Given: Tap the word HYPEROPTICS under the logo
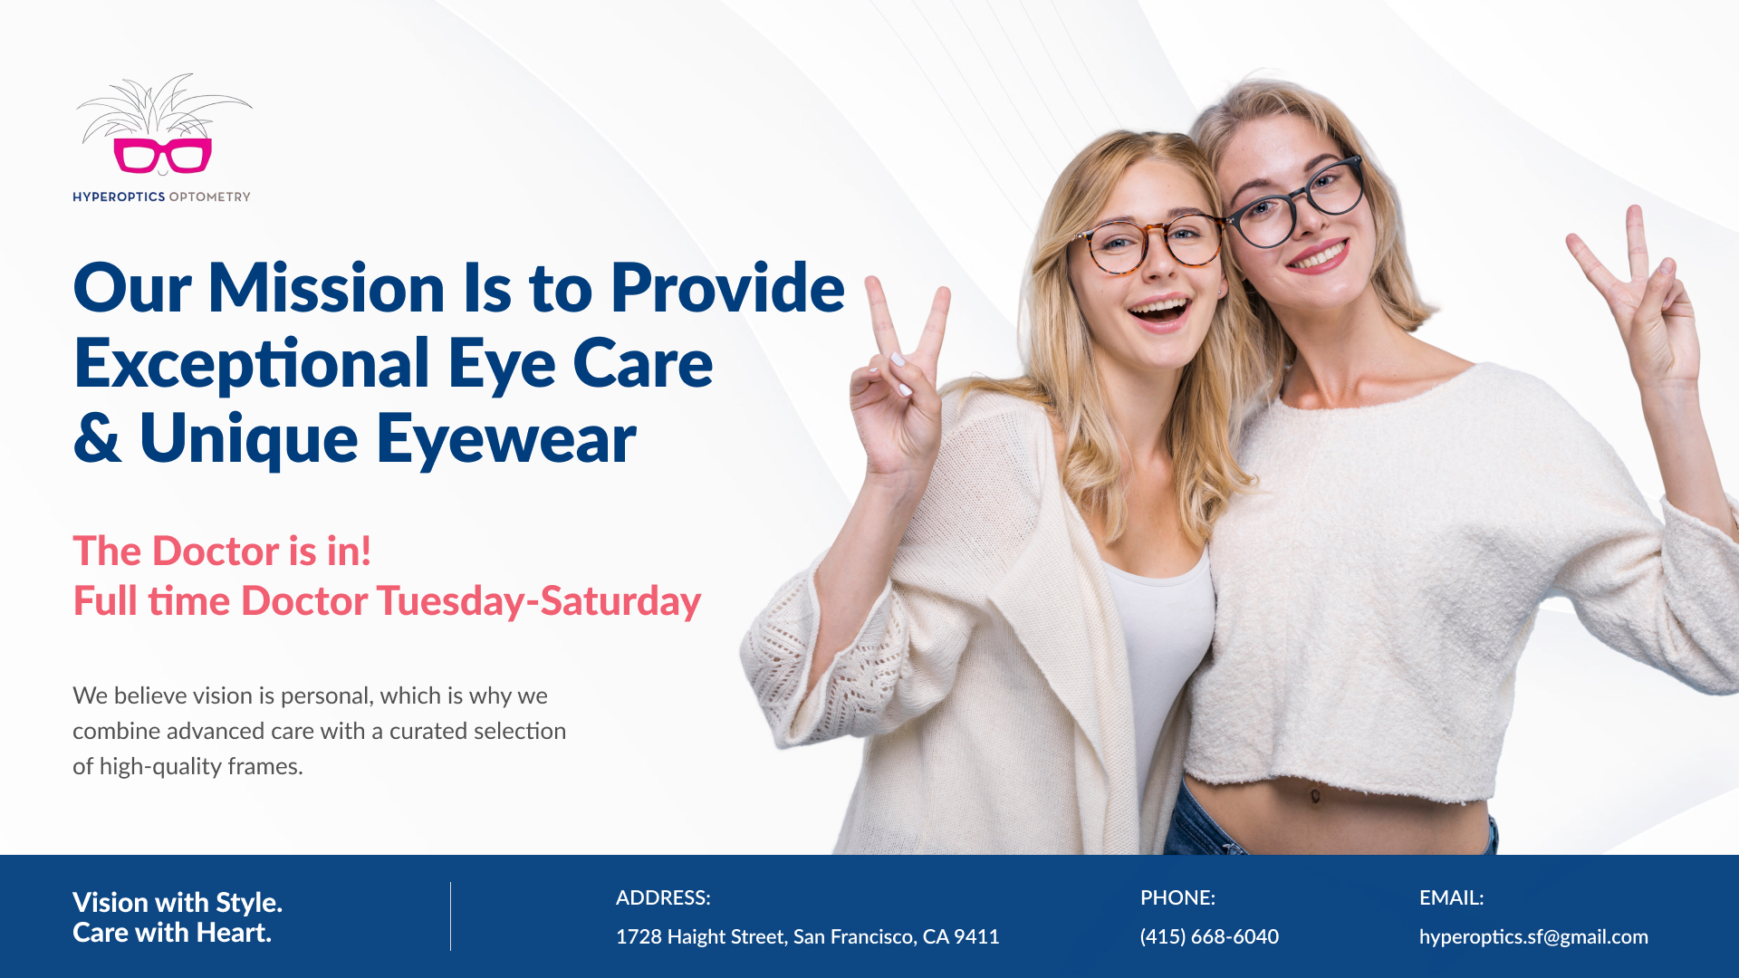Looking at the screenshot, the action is pyautogui.click(x=119, y=197).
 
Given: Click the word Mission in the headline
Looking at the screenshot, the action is pyautogui.click(x=326, y=288).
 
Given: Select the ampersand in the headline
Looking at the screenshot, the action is pyautogui.click(x=97, y=438).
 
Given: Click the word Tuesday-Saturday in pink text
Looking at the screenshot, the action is pyautogui.click(x=539, y=601).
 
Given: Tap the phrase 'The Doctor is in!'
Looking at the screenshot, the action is pyautogui.click(x=222, y=551).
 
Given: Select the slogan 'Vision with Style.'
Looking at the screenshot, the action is pyautogui.click(x=178, y=902).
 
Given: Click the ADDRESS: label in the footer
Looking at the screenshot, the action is pyautogui.click(x=663, y=897).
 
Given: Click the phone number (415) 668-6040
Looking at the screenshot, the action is pyautogui.click(x=1209, y=936).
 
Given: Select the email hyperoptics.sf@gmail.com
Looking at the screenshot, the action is pyautogui.click(x=1533, y=937).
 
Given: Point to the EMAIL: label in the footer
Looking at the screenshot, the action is pyautogui.click(x=1451, y=897).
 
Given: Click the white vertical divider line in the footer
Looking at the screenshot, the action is pyautogui.click(x=450, y=916).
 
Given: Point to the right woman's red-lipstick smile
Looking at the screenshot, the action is pyautogui.click(x=1318, y=256).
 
